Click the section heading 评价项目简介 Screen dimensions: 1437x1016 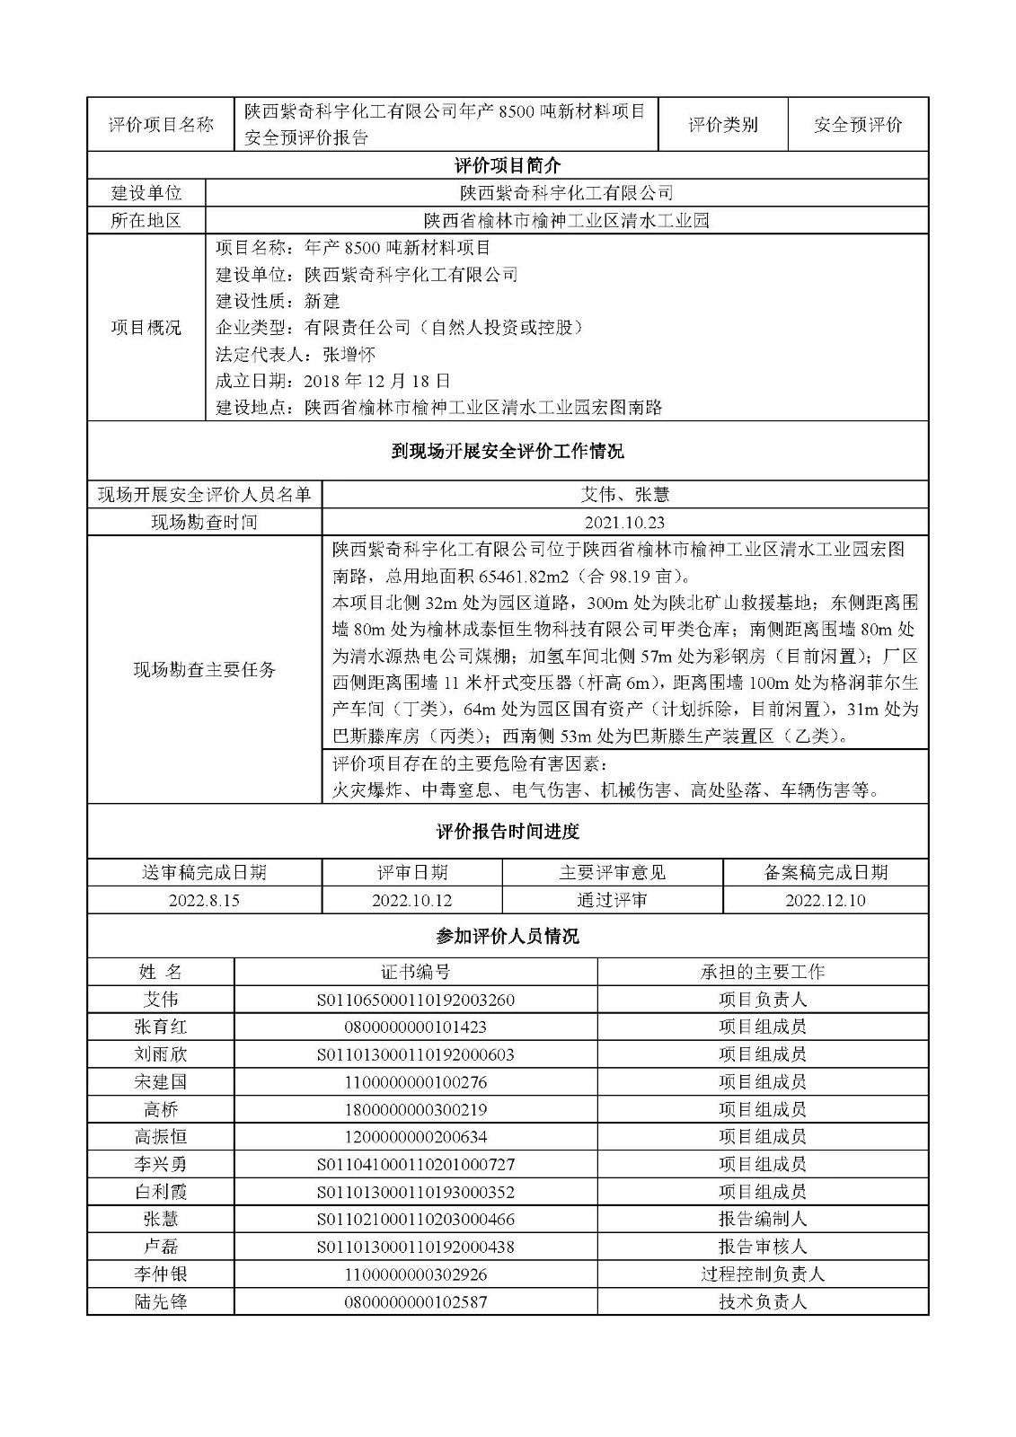508,165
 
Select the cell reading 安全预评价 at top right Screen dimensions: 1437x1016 858,125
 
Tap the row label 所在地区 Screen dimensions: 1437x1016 146,220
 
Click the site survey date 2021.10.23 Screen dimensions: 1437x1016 624,522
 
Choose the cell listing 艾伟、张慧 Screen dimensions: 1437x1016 624,494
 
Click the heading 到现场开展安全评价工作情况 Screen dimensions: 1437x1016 508,451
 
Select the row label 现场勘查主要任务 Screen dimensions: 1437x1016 205,669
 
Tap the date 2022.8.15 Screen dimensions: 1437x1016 204,900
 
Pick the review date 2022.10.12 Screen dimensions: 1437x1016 411,900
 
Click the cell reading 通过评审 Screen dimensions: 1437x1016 612,900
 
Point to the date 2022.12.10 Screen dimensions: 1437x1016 826,900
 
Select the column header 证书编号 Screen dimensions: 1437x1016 415,972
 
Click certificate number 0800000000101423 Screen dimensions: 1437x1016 415,1027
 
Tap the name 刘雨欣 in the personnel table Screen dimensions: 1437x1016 161,1054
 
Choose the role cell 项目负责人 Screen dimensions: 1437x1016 763,999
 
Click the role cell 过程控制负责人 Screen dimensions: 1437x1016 763,1274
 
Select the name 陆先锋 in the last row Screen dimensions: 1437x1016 161,1301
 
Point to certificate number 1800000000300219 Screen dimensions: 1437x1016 415,1109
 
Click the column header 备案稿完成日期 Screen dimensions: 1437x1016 826,872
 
